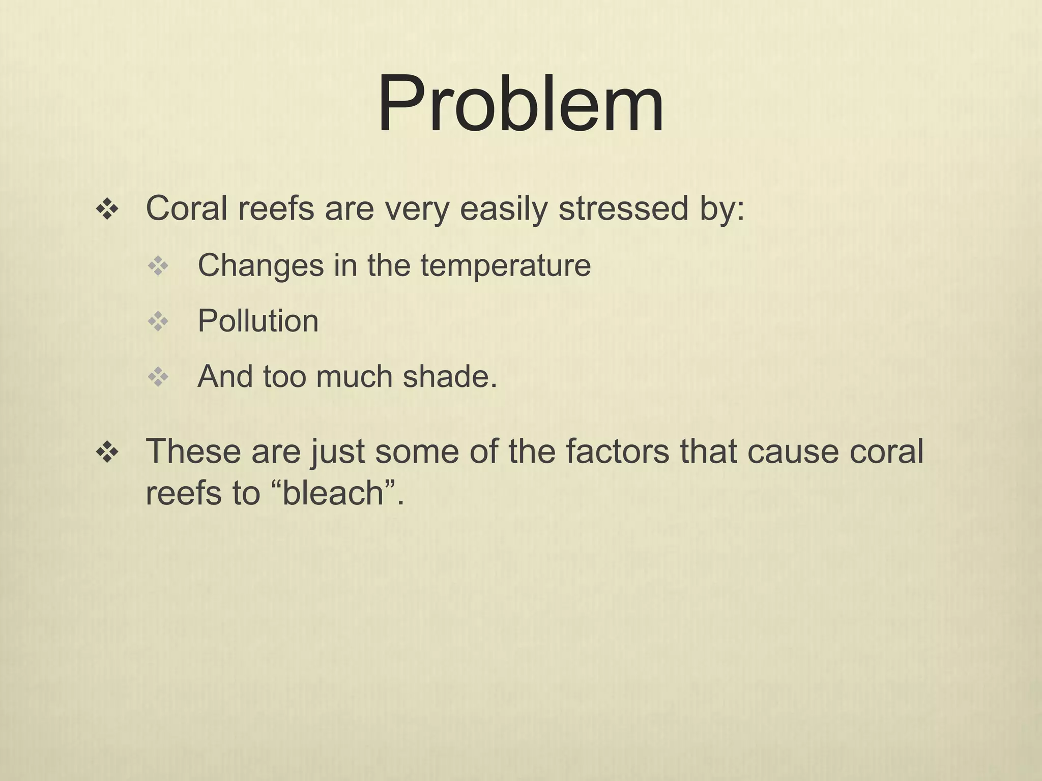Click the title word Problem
tap(520, 104)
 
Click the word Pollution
tap(258, 321)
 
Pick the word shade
tap(449, 377)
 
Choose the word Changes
tap(260, 265)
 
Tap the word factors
tap(617, 452)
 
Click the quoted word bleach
tap(333, 493)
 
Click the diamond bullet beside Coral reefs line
tap(107, 209)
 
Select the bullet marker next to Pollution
tap(158, 321)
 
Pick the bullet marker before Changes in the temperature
tap(158, 266)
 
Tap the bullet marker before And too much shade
tap(158, 377)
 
